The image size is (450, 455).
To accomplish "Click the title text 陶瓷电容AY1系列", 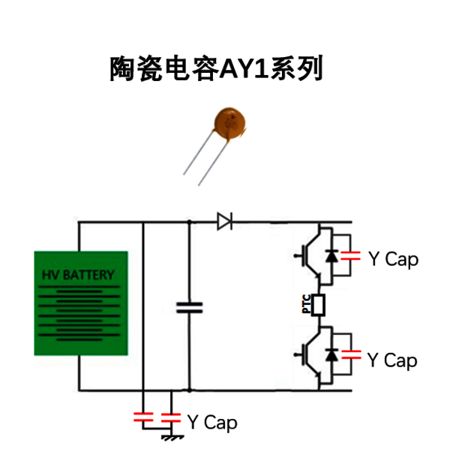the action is point(216,68).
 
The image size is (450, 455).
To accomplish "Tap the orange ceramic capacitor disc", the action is point(229,122).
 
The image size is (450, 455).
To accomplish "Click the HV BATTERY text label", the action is point(78,275).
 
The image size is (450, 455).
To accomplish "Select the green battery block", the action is point(81,303).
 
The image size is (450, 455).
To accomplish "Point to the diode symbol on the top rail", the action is point(225,221).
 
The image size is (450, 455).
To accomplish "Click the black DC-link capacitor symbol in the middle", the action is point(189,308).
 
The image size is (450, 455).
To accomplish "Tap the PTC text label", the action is point(307,304).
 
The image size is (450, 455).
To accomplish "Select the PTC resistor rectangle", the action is point(318,305).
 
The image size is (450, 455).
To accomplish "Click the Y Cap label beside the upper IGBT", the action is point(393,259).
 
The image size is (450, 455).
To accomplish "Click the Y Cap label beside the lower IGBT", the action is point(392,360).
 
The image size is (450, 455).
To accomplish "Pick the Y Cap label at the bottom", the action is point(212,422).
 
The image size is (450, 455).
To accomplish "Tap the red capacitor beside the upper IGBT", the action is point(350,255).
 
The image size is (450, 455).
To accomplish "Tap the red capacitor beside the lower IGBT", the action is point(352,354).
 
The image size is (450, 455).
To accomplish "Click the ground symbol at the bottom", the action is point(172,438).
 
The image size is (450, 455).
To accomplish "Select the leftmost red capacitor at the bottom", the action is point(143,417).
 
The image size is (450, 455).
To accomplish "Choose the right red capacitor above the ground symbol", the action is point(171,418).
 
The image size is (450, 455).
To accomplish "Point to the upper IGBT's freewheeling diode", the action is point(331,256).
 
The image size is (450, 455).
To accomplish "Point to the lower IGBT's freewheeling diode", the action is point(331,354).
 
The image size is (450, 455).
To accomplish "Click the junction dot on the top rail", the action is point(189,222).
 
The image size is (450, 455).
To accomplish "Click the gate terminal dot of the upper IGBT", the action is point(295,255).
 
